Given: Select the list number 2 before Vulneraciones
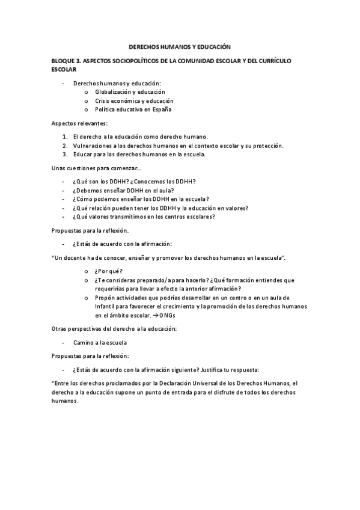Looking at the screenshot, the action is (x=64, y=146).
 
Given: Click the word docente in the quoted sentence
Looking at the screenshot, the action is (x=79, y=258).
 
